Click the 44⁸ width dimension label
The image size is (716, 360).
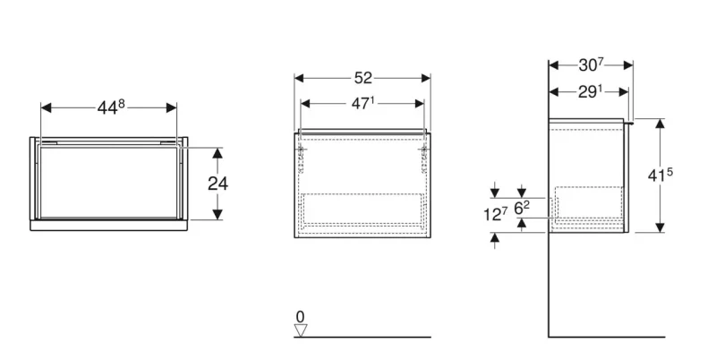click(111, 107)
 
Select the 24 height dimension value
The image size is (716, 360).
click(217, 184)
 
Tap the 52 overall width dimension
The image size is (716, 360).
click(363, 78)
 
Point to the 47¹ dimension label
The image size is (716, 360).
click(362, 104)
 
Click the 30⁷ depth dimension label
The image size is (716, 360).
click(592, 65)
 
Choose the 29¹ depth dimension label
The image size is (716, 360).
click(591, 92)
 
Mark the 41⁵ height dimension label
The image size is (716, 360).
click(661, 175)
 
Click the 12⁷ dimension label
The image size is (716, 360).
click(496, 214)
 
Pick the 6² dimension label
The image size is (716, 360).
click(522, 209)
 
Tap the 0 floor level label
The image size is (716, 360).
click(300, 316)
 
